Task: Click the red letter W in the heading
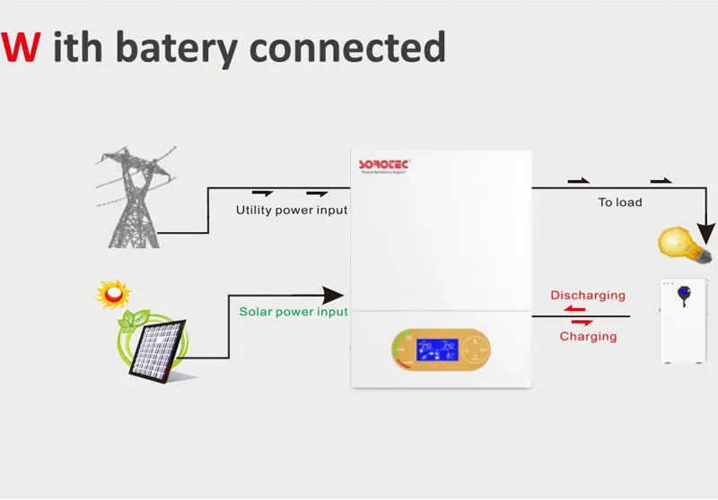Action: point(21,46)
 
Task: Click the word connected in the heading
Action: point(355,46)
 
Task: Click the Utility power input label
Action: point(291,211)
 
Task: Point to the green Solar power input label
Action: point(293,312)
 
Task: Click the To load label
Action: point(620,203)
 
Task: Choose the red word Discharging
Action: point(588,295)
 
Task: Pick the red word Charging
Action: point(588,337)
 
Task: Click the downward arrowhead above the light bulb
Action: point(710,223)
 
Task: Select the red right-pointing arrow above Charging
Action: point(582,322)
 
